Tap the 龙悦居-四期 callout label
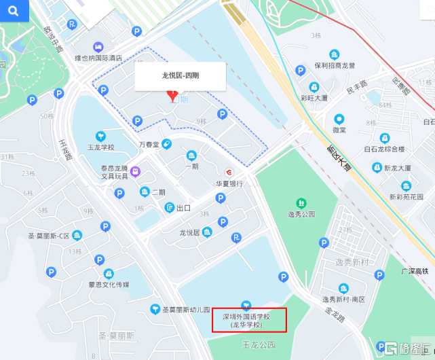click(x=180, y=75)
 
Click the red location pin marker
click(x=172, y=96)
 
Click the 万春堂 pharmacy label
click(x=149, y=144)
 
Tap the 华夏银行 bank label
click(x=229, y=183)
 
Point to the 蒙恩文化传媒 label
click(x=109, y=284)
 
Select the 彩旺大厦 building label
click(x=314, y=98)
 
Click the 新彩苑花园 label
click(x=406, y=197)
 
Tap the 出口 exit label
click(x=183, y=208)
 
